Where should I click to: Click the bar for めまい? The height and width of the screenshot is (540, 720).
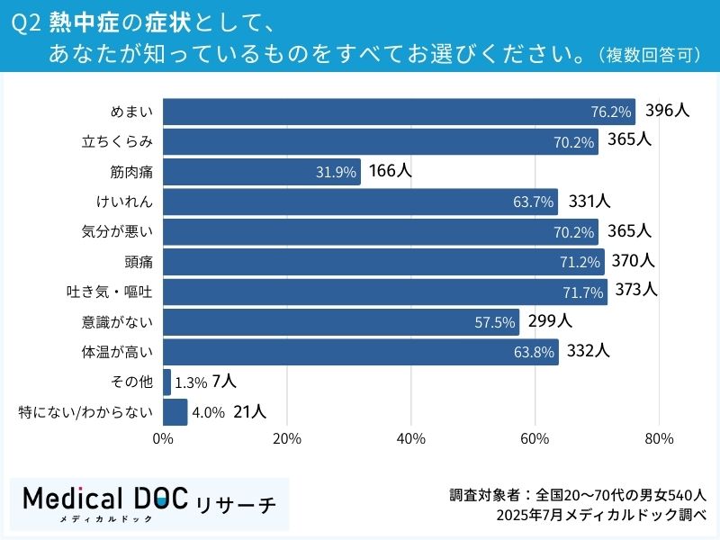(x=399, y=112)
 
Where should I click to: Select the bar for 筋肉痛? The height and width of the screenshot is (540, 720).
(x=261, y=172)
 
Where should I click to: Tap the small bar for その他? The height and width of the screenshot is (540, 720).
(x=166, y=382)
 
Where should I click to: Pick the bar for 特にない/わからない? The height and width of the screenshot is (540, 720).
(x=175, y=412)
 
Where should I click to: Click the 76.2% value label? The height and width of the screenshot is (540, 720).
(x=611, y=112)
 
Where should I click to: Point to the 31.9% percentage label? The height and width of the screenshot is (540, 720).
(x=336, y=173)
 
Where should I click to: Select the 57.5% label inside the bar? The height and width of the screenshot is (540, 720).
(x=494, y=322)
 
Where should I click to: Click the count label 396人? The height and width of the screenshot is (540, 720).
(x=667, y=111)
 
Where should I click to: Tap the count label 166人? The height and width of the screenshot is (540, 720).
(x=390, y=171)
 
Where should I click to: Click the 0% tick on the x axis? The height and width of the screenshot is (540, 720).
(x=163, y=439)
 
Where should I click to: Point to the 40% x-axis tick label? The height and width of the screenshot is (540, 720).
(x=410, y=439)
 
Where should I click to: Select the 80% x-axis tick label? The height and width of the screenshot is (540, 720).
(x=659, y=439)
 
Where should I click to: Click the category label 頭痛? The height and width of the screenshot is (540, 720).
(x=139, y=262)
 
